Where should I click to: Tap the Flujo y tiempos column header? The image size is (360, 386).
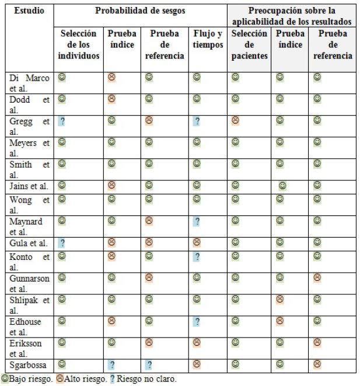click(x=207, y=39)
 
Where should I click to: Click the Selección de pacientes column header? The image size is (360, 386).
click(x=249, y=45)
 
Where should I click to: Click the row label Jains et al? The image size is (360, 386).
click(x=29, y=186)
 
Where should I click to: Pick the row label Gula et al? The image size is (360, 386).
click(x=28, y=243)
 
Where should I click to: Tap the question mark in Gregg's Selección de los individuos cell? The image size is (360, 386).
click(x=61, y=121)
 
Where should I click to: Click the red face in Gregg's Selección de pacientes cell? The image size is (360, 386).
click(x=235, y=120)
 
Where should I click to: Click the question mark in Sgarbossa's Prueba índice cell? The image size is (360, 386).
click(x=111, y=365)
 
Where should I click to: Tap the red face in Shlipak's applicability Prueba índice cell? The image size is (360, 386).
click(x=279, y=299)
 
